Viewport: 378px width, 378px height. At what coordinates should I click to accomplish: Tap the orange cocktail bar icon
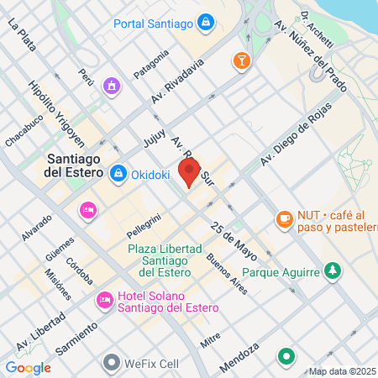click(x=241, y=60)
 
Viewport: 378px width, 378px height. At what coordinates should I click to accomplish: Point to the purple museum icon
click(x=111, y=86)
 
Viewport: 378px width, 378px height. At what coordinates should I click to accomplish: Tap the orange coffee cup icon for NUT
click(x=284, y=218)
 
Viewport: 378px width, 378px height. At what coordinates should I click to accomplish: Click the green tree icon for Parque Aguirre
click(x=333, y=271)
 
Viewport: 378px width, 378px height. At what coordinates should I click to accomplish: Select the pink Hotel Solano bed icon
click(x=105, y=299)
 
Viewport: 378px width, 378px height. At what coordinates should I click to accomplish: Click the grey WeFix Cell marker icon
click(x=112, y=363)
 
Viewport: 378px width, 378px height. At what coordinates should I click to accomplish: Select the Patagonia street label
click(x=151, y=64)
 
